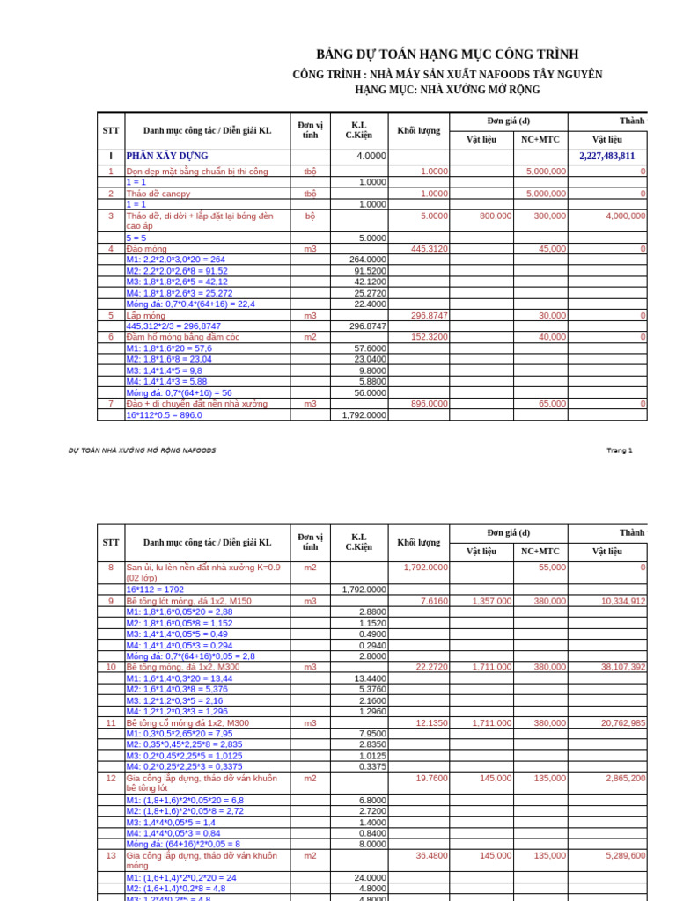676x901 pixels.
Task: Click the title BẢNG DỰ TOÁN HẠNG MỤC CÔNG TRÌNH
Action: click(447, 55)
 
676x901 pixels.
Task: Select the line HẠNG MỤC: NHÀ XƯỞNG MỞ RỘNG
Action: click(447, 90)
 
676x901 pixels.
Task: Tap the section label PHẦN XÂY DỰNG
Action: click(167, 156)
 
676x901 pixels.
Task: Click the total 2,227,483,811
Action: click(606, 156)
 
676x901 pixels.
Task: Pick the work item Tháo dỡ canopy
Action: click(158, 194)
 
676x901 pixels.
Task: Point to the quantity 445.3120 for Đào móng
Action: click(429, 249)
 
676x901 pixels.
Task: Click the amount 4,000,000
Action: click(624, 216)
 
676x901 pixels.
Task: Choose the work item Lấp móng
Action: click(146, 315)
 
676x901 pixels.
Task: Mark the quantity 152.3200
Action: click(429, 337)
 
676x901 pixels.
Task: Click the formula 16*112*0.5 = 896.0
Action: click(164, 415)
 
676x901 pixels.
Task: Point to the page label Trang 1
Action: click(619, 450)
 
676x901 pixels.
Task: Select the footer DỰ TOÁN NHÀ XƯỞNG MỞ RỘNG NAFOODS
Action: click(142, 450)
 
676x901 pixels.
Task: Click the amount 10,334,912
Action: click(623, 601)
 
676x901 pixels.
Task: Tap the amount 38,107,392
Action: click(623, 667)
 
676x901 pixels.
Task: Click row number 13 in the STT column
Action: click(111, 855)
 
